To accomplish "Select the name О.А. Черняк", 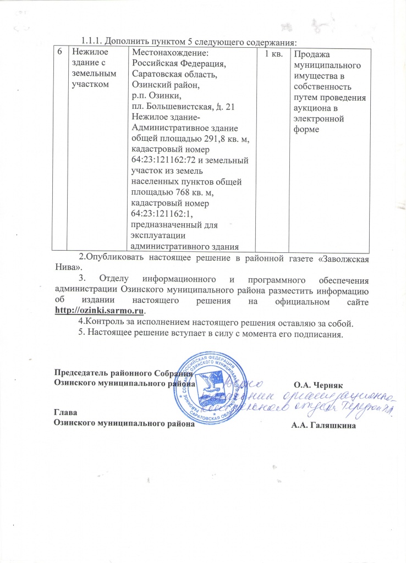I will [319, 385].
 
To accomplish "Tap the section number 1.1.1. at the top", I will [92, 41].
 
